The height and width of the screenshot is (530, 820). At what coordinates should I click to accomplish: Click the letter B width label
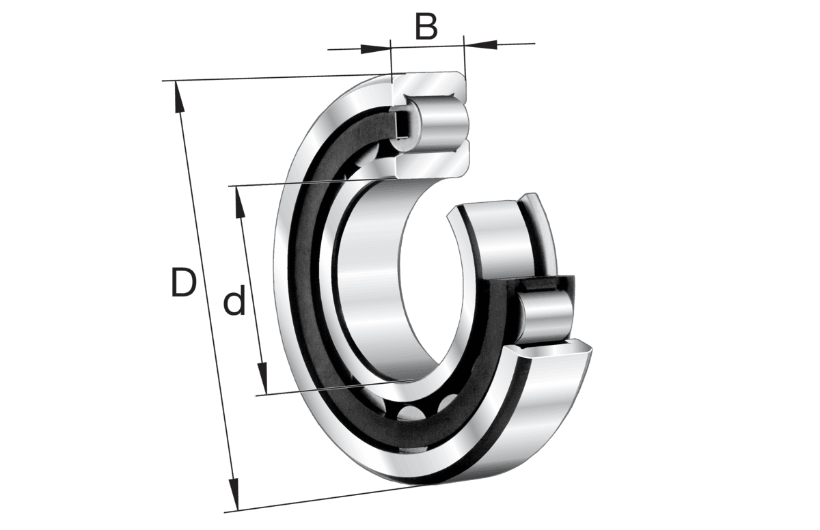(x=426, y=27)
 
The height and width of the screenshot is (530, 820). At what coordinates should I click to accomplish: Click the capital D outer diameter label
(x=183, y=283)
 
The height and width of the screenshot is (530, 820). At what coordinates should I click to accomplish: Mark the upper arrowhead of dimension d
(x=240, y=201)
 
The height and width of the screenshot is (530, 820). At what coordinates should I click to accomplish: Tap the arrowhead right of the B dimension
(x=481, y=45)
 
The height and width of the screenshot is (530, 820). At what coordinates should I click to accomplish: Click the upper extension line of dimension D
(x=273, y=77)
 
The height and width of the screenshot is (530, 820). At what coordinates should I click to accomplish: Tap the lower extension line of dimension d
(x=328, y=388)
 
